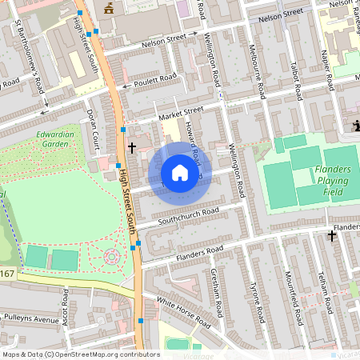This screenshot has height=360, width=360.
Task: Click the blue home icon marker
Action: [180, 173]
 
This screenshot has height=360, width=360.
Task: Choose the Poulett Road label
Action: [155, 79]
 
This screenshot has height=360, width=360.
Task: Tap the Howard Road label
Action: [190, 144]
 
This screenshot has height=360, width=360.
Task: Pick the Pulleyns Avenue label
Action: [30, 319]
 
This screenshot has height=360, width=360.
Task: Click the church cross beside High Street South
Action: [132, 148]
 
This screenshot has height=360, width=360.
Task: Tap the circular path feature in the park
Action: [111, 256]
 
